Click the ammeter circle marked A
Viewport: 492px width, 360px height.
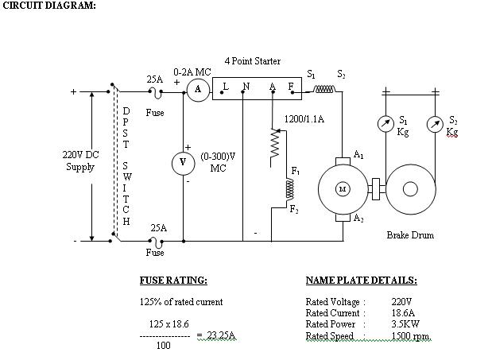(198, 90)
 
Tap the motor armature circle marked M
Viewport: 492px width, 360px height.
(343, 188)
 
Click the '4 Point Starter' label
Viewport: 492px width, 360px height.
(252, 61)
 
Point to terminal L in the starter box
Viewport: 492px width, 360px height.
(226, 86)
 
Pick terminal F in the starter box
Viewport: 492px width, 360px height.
(291, 86)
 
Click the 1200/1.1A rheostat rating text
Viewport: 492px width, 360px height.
(304, 118)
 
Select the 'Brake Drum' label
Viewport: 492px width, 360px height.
(410, 235)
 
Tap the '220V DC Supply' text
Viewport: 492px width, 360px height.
(80, 161)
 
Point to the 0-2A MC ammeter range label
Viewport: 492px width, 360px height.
(192, 72)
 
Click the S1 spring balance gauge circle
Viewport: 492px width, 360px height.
(385, 123)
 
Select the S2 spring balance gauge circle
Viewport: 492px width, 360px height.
(434, 123)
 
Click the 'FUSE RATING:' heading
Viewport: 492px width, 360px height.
(173, 281)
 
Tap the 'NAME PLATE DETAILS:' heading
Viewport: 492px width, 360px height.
(361, 281)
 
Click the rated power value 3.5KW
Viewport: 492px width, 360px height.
(407, 324)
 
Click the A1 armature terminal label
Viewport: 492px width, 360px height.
(359, 155)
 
